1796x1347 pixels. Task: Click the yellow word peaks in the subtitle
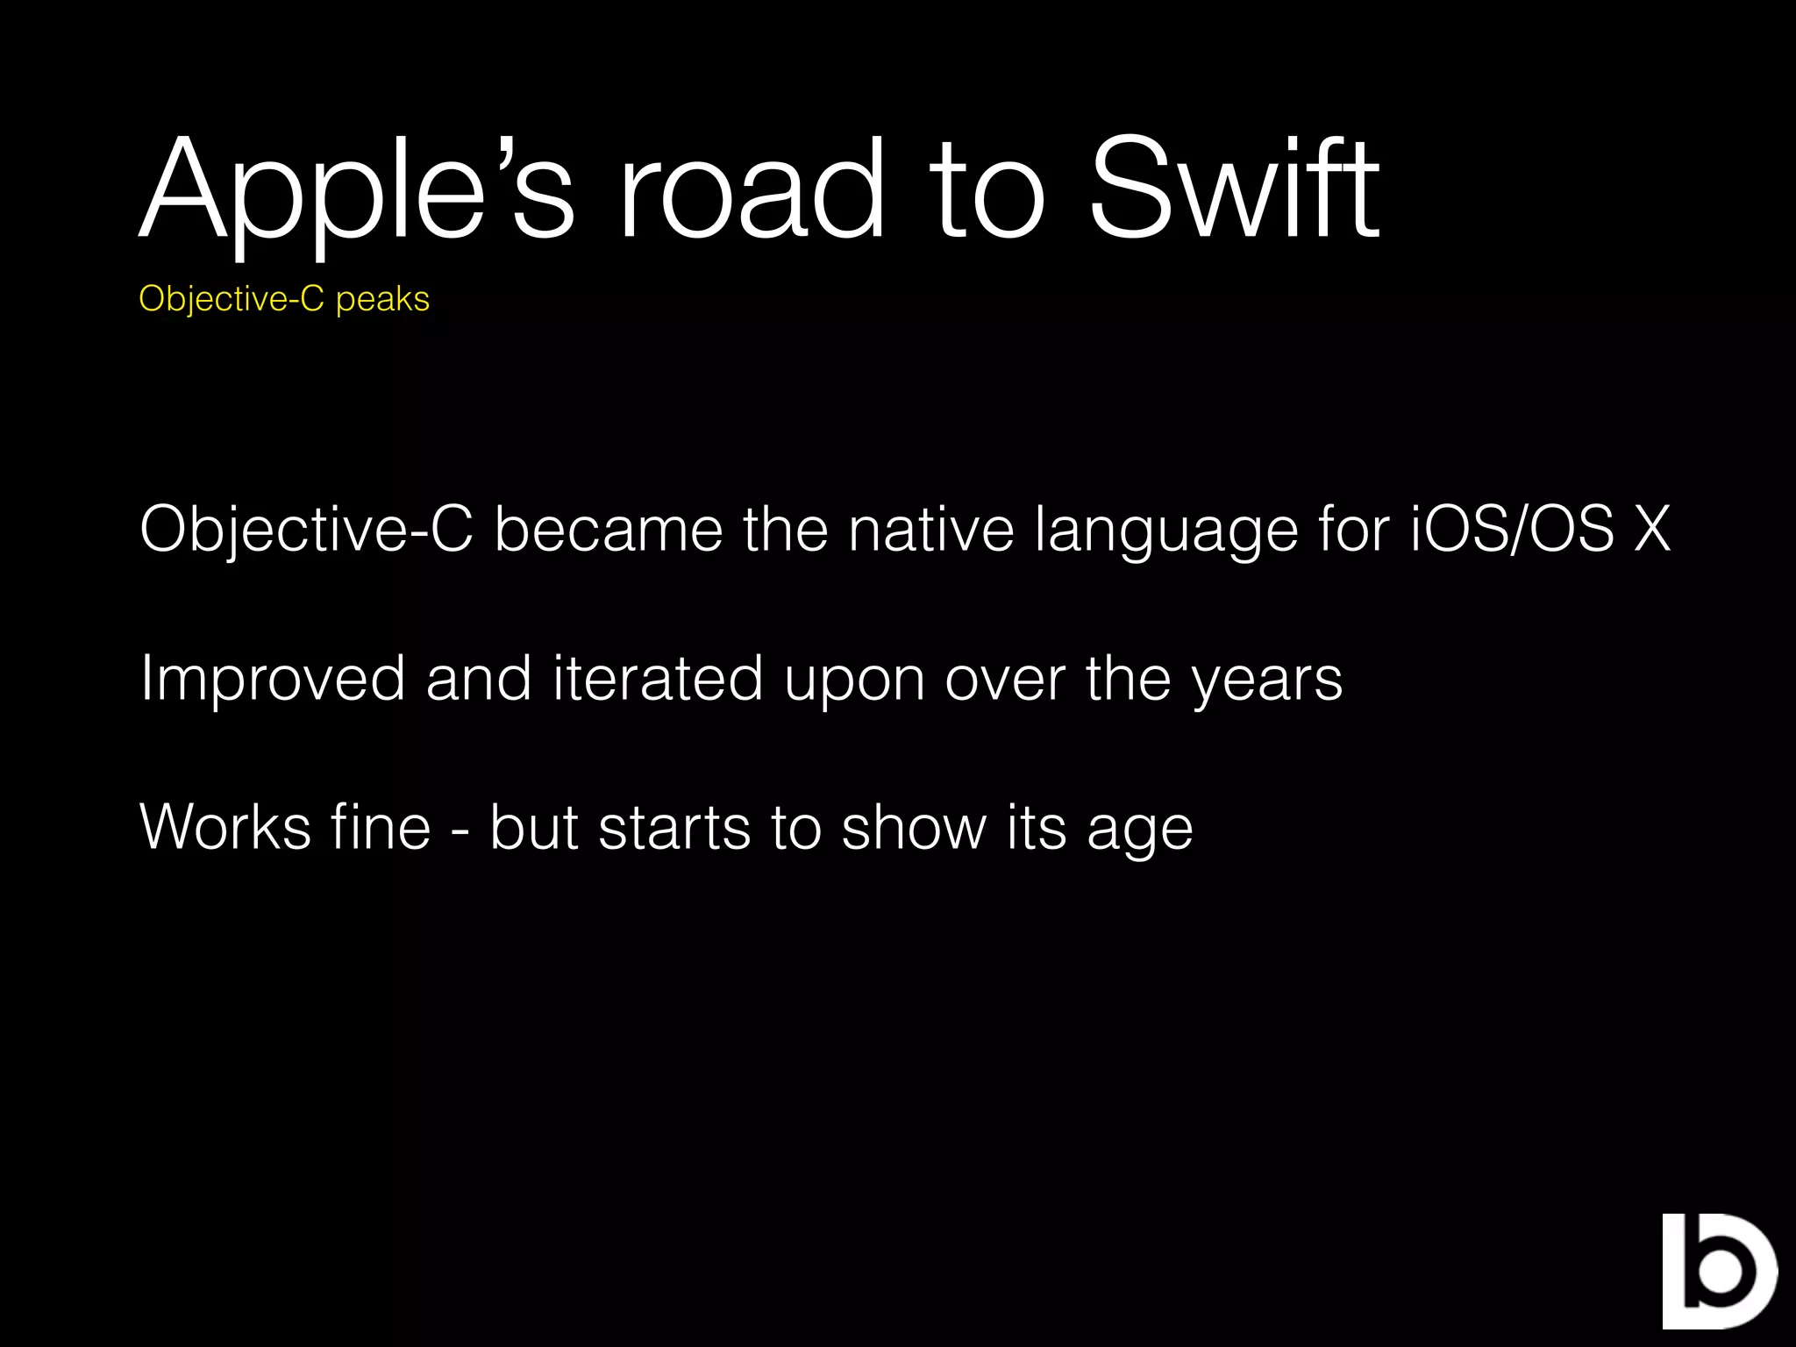coord(382,300)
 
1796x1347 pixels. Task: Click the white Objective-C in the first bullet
coord(306,530)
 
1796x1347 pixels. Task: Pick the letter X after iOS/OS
coord(1652,530)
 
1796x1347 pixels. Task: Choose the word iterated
coord(658,679)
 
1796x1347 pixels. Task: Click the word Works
coord(225,828)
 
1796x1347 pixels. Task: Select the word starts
coord(673,828)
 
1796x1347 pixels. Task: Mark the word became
coord(609,530)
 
